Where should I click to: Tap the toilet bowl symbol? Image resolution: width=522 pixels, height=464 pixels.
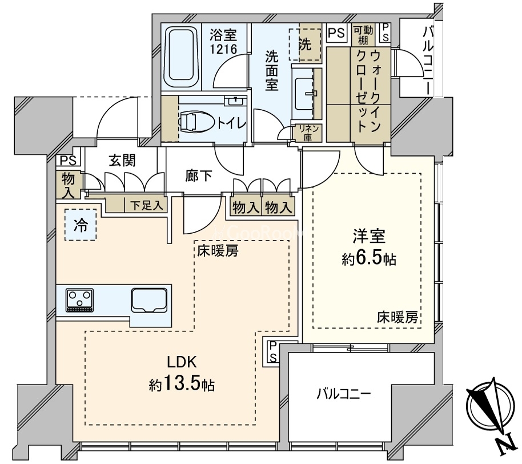[196, 122]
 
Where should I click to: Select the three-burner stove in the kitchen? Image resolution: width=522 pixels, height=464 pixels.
[80, 301]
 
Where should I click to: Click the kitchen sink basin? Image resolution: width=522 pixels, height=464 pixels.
[149, 300]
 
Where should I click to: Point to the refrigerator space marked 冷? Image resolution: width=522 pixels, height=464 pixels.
[81, 225]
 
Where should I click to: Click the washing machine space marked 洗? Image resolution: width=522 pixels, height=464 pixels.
[305, 45]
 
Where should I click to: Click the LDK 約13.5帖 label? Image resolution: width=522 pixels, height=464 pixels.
[182, 374]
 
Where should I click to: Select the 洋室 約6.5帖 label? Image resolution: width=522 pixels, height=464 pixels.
[369, 247]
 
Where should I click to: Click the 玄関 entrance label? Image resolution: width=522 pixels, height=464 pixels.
[122, 161]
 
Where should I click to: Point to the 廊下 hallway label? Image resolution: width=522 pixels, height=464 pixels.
[199, 176]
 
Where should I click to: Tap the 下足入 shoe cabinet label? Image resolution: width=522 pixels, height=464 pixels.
[146, 206]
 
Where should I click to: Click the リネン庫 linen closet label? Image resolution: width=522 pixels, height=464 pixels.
[307, 133]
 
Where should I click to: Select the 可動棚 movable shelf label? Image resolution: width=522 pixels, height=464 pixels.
[363, 35]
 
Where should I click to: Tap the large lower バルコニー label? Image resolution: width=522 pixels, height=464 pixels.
[343, 394]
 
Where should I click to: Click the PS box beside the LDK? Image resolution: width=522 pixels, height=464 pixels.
[272, 351]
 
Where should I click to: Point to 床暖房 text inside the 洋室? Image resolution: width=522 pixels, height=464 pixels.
[397, 318]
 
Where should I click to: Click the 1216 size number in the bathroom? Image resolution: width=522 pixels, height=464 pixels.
[223, 49]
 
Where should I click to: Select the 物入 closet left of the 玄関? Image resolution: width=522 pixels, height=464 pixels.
[68, 185]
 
